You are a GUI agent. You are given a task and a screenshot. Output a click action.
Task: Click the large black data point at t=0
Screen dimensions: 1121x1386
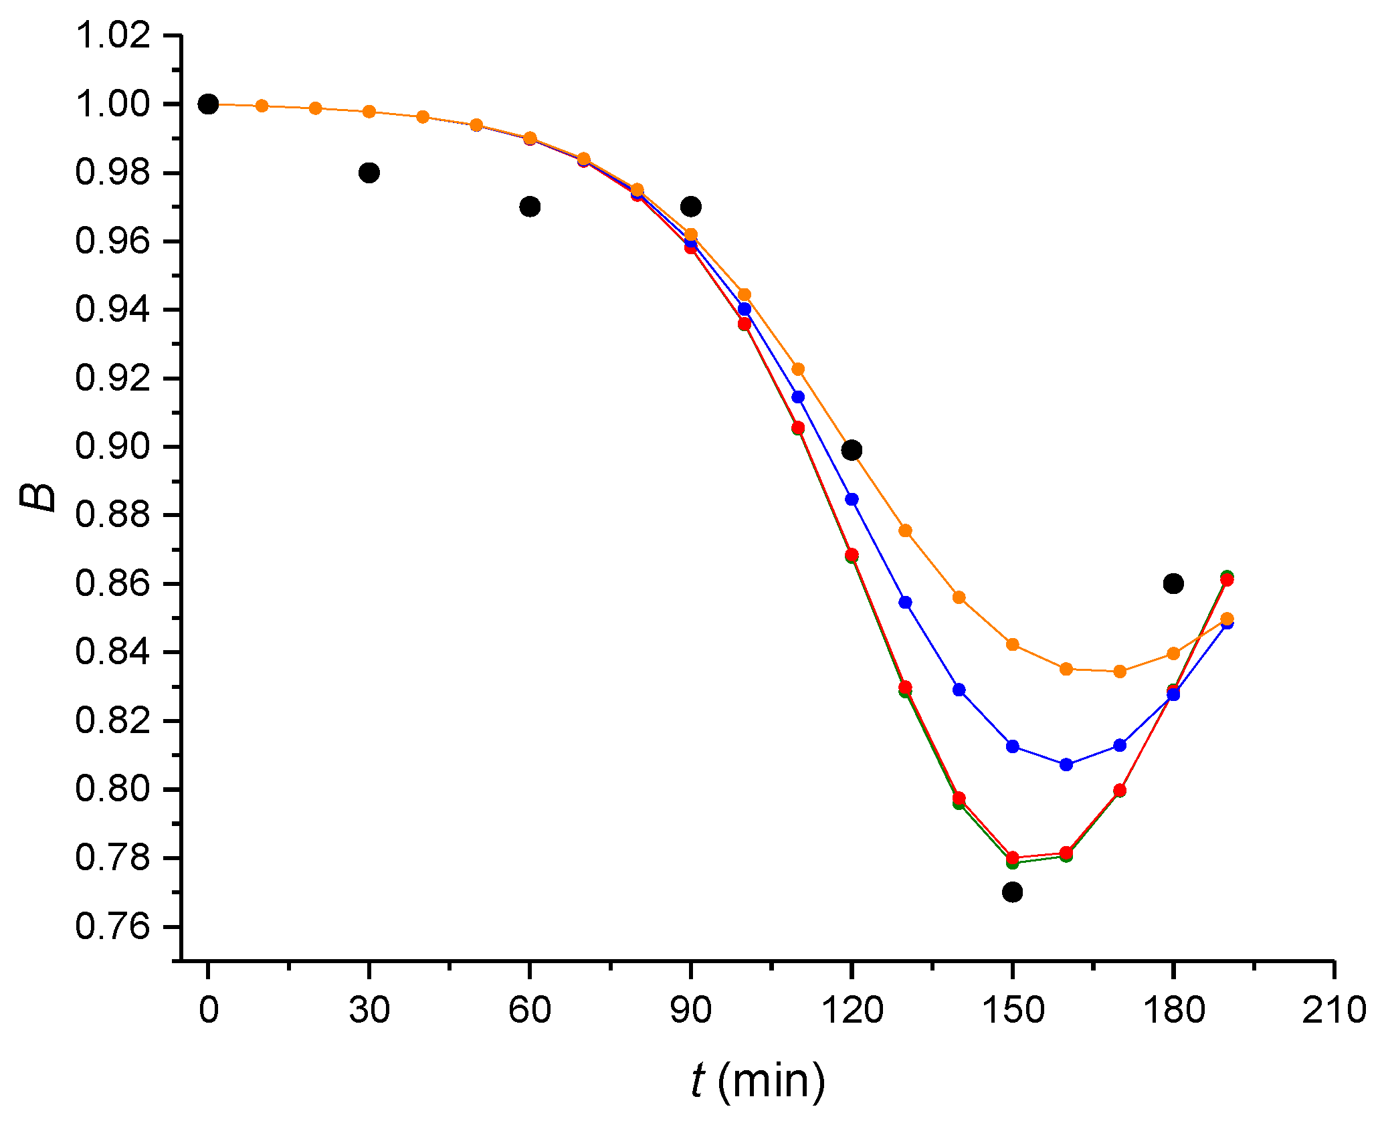[x=208, y=104]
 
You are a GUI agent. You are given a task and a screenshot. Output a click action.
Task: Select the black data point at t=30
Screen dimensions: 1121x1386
[x=369, y=173]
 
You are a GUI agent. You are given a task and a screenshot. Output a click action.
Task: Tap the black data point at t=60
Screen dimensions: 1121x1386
[x=530, y=207]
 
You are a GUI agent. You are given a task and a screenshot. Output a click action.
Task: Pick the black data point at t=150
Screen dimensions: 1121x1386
[x=1013, y=892]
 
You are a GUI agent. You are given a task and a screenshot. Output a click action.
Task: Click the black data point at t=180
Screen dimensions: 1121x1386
[x=1173, y=583]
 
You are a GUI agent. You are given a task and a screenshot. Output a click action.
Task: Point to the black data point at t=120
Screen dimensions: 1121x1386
[x=852, y=450]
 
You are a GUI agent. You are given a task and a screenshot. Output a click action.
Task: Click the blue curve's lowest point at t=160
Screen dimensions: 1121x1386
[x=1066, y=765]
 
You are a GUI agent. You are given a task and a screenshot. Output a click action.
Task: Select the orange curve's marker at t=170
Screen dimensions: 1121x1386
[x=1120, y=672]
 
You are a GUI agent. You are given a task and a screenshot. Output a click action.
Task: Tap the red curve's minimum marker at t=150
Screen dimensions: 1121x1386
[x=1013, y=857]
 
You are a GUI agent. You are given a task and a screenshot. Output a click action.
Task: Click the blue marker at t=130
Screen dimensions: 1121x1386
[x=905, y=603]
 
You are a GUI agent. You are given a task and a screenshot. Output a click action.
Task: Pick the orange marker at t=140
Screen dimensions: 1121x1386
[x=959, y=597]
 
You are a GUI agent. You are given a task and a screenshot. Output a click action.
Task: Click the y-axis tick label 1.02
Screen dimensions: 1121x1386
[x=112, y=35]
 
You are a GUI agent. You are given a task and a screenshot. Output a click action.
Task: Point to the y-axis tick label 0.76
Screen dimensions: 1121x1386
[x=112, y=927]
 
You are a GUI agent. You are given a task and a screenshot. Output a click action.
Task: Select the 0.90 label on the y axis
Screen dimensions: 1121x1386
[x=112, y=447]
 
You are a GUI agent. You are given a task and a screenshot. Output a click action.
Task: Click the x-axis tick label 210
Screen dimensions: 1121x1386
[x=1334, y=1009]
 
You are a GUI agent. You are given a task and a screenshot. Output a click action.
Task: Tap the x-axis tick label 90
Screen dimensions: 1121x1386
[x=690, y=1009]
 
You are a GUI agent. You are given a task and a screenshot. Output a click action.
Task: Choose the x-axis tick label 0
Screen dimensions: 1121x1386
[x=208, y=1009]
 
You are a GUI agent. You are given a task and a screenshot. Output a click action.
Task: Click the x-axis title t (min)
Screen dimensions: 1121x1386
[x=758, y=1081]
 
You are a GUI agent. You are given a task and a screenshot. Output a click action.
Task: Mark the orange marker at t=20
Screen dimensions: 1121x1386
[x=316, y=108]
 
